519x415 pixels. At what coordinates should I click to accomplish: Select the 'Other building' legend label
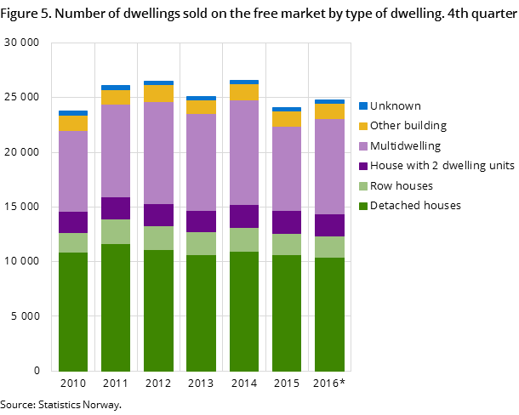(x=408, y=126)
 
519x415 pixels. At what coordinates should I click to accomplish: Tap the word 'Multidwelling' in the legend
(x=406, y=146)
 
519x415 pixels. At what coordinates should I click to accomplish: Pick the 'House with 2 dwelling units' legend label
(x=442, y=166)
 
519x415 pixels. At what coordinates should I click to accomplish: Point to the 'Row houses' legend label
(x=402, y=185)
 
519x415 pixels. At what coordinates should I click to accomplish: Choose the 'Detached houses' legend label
(x=416, y=206)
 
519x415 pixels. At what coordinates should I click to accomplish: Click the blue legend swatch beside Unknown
(x=363, y=106)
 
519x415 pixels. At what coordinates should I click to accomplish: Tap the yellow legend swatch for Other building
(x=363, y=126)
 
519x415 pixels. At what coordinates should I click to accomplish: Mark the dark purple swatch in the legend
(x=363, y=166)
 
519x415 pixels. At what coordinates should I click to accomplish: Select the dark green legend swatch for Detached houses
(x=363, y=206)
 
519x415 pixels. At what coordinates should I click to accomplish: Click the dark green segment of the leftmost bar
(x=73, y=311)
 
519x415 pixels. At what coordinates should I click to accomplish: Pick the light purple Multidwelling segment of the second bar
(x=116, y=151)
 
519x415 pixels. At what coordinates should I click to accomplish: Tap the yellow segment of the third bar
(x=158, y=94)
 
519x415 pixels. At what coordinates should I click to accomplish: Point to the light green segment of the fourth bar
(x=201, y=243)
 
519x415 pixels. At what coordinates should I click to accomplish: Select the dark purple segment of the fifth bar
(x=244, y=216)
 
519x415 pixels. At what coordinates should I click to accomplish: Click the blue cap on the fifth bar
(x=244, y=82)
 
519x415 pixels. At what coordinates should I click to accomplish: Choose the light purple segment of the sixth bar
(x=287, y=168)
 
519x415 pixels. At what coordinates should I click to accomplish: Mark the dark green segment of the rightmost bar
(x=329, y=314)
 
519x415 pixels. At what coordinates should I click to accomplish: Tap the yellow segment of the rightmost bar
(x=329, y=111)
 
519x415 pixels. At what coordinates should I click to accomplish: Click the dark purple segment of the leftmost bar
(x=73, y=222)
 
